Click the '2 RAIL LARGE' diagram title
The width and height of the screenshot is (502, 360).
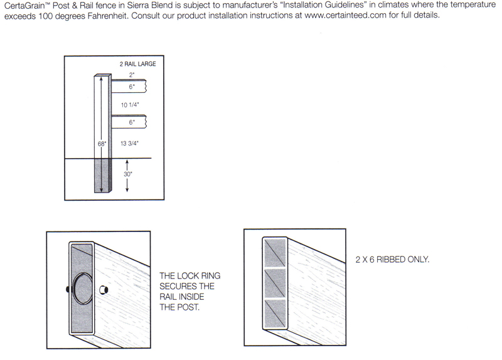(137, 64)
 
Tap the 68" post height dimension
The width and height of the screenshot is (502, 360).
(102, 144)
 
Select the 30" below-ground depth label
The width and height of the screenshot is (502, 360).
(128, 174)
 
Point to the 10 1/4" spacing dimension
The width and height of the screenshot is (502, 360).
(130, 105)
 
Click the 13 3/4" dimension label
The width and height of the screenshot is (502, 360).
(129, 144)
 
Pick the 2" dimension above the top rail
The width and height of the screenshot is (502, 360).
(132, 75)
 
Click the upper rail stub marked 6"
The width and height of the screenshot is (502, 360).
(129, 86)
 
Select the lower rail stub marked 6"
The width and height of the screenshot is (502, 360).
(129, 122)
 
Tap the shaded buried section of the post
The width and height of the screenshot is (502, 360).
(103, 176)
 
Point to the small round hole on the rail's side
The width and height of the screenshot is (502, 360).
(104, 290)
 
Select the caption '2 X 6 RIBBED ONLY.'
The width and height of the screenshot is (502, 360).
(392, 259)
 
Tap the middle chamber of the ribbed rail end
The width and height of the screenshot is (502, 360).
(275, 283)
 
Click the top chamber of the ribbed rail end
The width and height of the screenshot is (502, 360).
(275, 253)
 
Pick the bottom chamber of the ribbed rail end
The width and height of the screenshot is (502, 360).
(275, 314)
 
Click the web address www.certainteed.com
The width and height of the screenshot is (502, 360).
(346, 15)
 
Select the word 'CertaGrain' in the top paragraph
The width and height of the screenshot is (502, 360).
(24, 6)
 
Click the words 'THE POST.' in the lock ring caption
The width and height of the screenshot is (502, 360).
(179, 307)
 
